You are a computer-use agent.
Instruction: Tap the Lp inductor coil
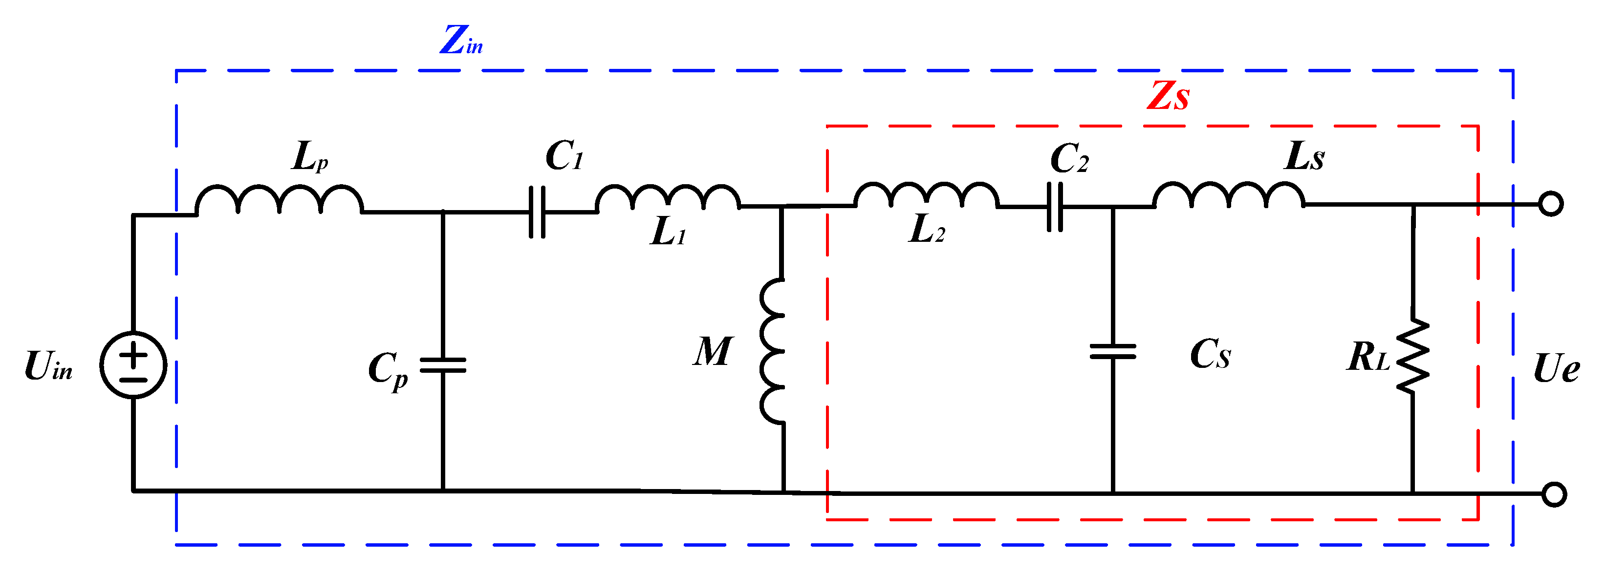(279, 199)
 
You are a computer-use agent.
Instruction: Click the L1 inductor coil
(668, 198)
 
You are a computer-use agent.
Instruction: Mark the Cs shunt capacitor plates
(1113, 352)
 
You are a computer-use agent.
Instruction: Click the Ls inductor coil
(1229, 194)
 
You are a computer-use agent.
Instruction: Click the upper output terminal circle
(1551, 204)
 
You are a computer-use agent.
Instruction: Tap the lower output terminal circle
(1554, 494)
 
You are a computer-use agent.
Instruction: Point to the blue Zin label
(461, 41)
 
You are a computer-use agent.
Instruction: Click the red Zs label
(1168, 97)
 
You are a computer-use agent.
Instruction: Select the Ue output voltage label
(1556, 368)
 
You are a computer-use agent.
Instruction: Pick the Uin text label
(48, 366)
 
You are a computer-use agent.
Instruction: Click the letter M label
(713, 352)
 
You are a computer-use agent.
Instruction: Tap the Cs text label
(1210, 355)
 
